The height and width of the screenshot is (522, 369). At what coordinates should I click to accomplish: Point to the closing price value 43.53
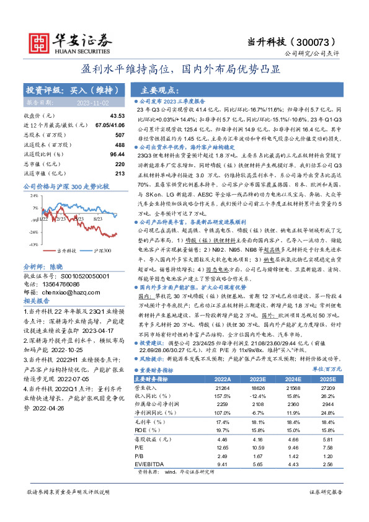point(117,116)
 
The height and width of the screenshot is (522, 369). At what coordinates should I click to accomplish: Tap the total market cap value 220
point(120,164)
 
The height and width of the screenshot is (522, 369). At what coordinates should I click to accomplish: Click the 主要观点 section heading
point(158,89)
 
